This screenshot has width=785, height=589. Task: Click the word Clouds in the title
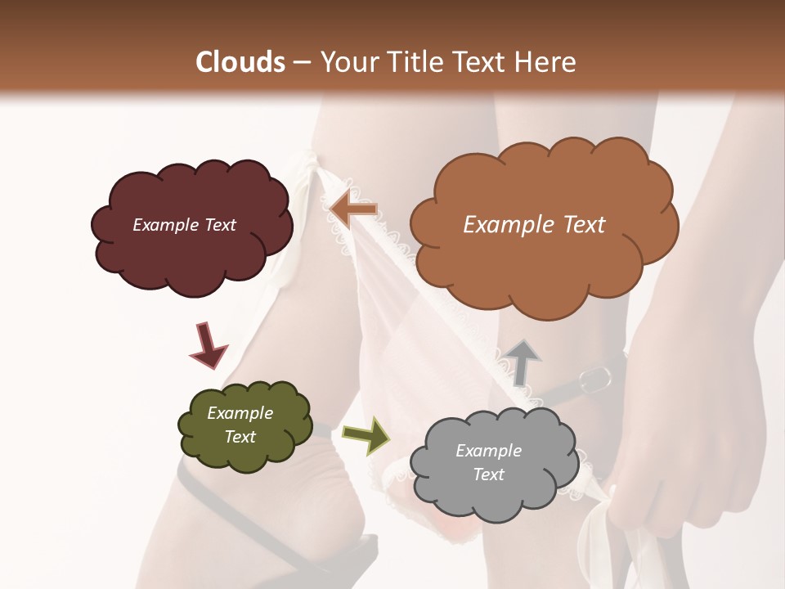(x=240, y=62)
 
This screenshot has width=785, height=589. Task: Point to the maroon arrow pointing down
(x=208, y=347)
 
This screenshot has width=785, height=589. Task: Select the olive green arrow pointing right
(x=366, y=435)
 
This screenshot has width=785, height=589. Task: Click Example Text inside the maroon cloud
(x=184, y=225)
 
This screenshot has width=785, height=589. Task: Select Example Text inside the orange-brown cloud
(x=534, y=225)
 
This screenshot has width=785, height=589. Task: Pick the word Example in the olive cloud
(x=240, y=413)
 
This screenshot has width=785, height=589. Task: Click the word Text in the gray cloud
(x=488, y=474)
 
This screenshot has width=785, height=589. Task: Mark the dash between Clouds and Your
(x=302, y=63)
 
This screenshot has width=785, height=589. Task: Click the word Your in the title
(x=344, y=62)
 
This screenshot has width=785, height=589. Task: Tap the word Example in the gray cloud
(x=488, y=451)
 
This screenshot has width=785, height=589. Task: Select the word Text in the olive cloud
(x=240, y=437)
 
